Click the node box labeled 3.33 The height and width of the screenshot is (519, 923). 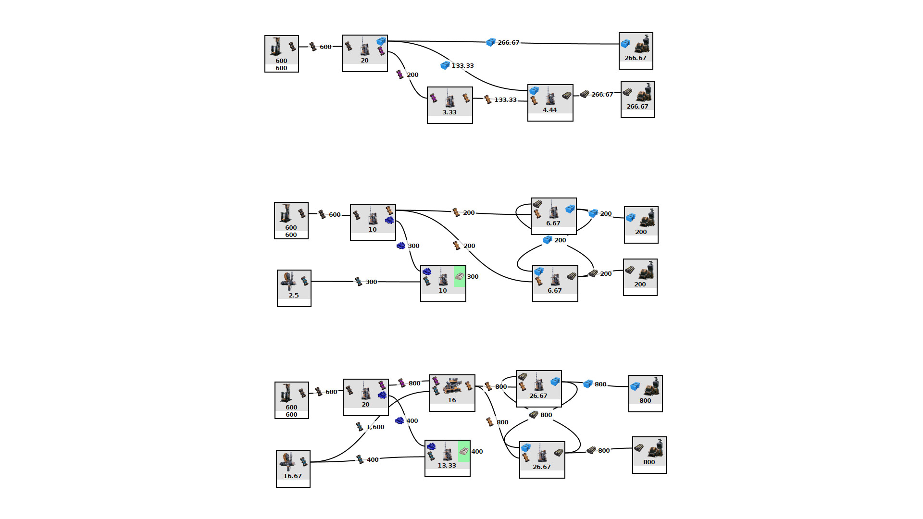(449, 105)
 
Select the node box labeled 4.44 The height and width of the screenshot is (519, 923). (550, 102)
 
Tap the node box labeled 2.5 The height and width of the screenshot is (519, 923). (294, 288)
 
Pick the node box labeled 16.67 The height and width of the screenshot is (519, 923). (293, 469)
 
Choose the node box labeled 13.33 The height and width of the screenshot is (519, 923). (447, 458)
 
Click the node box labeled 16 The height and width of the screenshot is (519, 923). (452, 393)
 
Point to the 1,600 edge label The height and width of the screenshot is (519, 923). (375, 427)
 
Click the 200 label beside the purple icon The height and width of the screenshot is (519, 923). (412, 75)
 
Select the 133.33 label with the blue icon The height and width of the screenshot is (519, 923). (462, 66)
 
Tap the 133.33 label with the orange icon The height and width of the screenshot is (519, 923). (505, 100)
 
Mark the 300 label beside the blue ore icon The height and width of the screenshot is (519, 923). (413, 246)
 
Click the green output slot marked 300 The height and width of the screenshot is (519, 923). (460, 276)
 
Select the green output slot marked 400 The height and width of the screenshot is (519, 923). (464, 451)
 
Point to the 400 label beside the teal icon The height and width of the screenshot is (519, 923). (372, 460)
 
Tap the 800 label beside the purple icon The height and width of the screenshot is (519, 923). (414, 383)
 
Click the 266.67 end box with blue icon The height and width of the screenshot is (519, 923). (636, 50)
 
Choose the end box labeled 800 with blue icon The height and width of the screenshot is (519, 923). (645, 393)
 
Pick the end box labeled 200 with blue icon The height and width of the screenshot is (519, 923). (641, 224)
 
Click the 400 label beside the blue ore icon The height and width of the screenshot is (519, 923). (412, 421)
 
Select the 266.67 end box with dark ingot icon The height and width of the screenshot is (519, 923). (637, 99)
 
